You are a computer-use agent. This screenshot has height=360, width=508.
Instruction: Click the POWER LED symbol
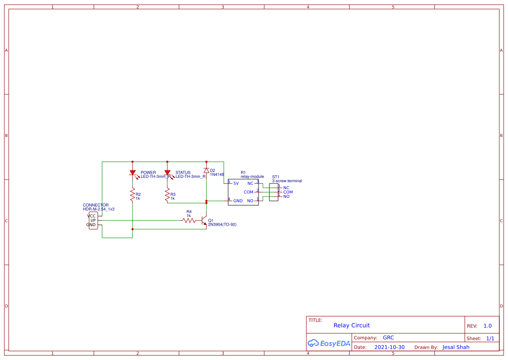133,173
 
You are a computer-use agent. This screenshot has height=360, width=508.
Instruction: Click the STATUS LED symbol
167,173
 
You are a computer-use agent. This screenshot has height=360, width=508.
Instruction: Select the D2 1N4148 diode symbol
206,170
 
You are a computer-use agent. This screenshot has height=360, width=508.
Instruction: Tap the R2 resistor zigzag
133,195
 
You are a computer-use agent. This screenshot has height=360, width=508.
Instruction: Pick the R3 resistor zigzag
167,195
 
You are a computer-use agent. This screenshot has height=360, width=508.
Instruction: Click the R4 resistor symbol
189,220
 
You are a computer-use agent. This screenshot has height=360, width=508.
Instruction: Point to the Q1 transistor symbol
204,220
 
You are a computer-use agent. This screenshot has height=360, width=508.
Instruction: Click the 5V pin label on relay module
236,183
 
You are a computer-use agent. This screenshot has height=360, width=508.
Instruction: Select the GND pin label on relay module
238,201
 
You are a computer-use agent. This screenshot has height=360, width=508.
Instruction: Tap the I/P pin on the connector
93,220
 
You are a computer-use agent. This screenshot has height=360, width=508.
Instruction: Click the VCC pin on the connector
92,216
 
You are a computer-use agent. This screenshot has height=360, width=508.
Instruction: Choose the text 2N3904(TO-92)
222,225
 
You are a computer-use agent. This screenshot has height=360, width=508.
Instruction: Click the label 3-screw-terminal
287,181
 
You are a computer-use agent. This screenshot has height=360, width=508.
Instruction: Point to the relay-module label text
252,177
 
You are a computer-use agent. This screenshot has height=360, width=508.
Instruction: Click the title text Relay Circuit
352,325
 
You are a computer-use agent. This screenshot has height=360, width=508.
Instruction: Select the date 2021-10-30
389,347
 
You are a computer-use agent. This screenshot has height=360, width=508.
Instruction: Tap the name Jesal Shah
456,347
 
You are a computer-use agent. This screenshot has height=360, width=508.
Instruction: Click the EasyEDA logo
329,343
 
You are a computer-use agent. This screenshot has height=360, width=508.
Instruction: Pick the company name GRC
388,338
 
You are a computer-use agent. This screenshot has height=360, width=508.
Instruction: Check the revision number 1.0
488,326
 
